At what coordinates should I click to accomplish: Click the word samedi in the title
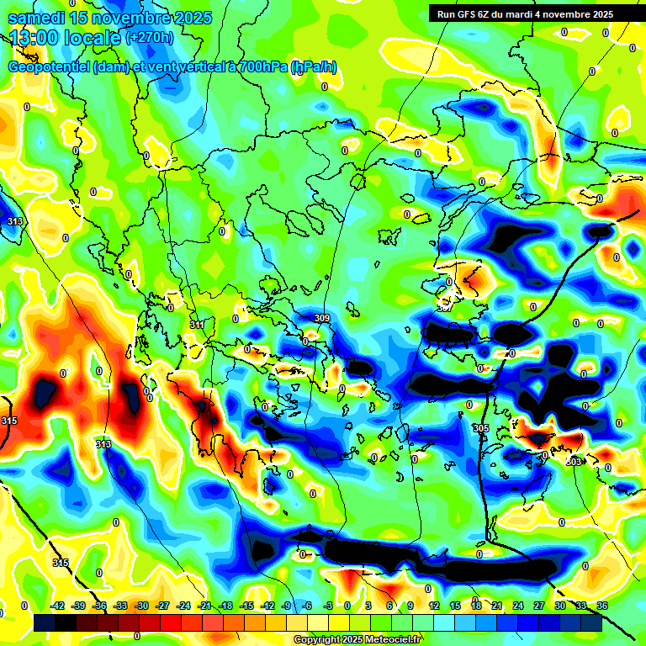coord(37,18)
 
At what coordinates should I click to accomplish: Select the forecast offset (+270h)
coord(150,38)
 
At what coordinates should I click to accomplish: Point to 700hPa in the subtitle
coord(259,67)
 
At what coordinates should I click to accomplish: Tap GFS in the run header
coord(469,14)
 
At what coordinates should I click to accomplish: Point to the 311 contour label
coord(197,324)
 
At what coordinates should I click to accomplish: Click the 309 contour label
coord(321,318)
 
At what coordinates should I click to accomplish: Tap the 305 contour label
coord(480,429)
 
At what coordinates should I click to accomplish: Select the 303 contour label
coord(574,462)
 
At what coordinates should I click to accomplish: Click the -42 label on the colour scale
coord(58,606)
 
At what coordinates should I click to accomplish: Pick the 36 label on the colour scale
coord(602,606)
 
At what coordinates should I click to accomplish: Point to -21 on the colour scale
coord(204,606)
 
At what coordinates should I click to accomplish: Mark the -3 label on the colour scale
coord(328,606)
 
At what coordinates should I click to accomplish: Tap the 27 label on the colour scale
coord(539,606)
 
